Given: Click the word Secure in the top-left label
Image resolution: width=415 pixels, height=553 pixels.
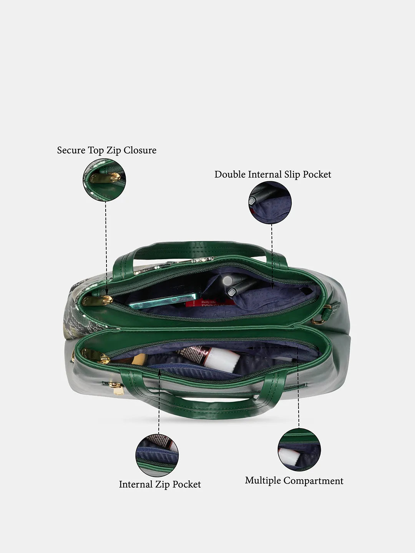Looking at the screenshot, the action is pyautogui.click(x=71, y=150).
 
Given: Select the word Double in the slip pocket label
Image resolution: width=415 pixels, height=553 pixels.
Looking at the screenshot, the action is pyautogui.click(x=230, y=174).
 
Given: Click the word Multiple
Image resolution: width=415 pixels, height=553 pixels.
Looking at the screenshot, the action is pyautogui.click(x=263, y=481).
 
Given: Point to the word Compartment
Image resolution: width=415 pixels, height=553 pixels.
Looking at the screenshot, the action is pyautogui.click(x=313, y=481).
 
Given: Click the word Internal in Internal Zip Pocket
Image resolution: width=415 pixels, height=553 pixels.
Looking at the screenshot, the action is pyautogui.click(x=136, y=484).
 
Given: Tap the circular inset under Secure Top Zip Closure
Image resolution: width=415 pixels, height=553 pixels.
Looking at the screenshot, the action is pyautogui.click(x=104, y=180).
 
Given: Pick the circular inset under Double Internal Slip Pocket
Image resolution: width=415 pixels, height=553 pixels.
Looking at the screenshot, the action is pyautogui.click(x=270, y=202).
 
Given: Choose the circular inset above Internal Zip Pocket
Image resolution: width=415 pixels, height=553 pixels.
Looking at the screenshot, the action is pyautogui.click(x=157, y=455).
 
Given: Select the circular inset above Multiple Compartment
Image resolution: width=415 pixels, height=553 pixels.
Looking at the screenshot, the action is pyautogui.click(x=299, y=449).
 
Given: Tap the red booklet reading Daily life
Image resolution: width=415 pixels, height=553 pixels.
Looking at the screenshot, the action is pyautogui.click(x=209, y=303).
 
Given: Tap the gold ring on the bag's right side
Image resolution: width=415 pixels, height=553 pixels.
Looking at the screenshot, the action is pyautogui.click(x=318, y=320).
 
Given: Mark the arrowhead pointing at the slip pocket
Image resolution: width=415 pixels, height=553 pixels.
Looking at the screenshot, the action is pyautogui.click(x=272, y=287).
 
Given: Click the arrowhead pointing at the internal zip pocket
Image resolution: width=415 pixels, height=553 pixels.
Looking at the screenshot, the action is pyautogui.click(x=159, y=373).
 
